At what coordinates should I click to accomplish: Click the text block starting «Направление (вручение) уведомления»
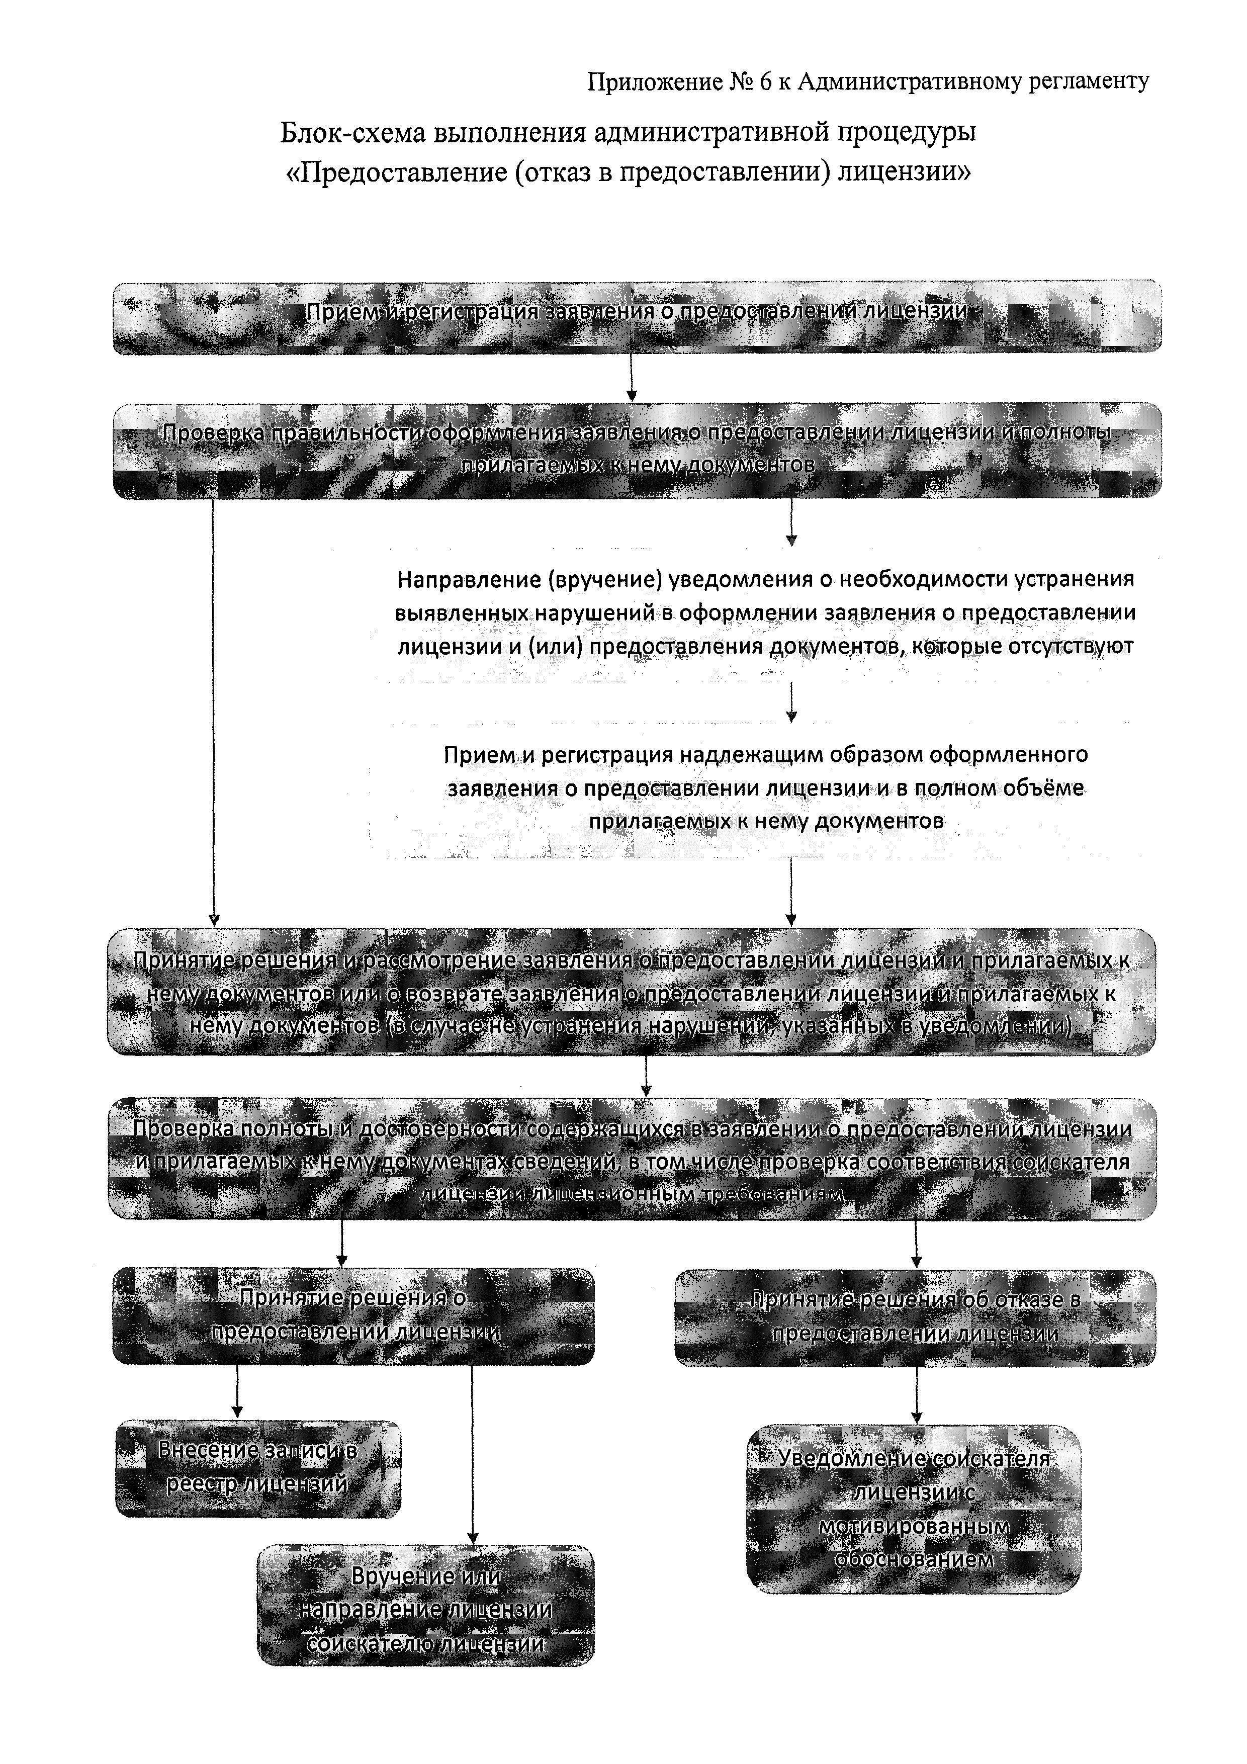coord(765,613)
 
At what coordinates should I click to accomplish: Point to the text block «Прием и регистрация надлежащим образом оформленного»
coord(765,787)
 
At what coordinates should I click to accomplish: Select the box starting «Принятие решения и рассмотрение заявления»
coord(632,992)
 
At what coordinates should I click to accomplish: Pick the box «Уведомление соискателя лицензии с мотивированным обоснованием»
coord(914,1509)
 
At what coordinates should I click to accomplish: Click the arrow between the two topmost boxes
coord(632,377)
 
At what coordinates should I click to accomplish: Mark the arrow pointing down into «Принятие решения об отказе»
coord(916,1244)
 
